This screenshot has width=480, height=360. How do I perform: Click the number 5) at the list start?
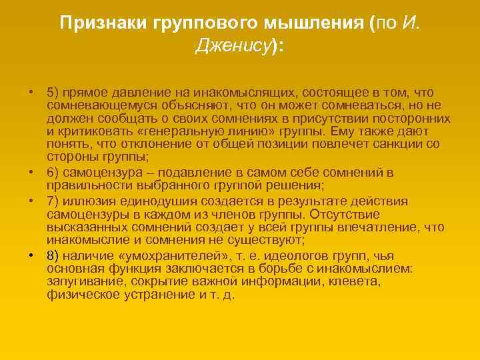53,92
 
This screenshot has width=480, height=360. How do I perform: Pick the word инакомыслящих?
231,92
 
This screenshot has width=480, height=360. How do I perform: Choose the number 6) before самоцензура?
53,173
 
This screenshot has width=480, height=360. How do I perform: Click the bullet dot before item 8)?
31,255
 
